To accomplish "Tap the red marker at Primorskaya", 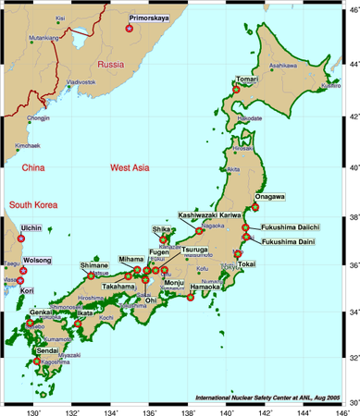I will pyautogui.click(x=129, y=29).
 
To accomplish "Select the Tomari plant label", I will pyautogui.click(x=246, y=80).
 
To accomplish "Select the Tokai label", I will pyautogui.click(x=245, y=264).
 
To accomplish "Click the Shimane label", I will pyautogui.click(x=93, y=265).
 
